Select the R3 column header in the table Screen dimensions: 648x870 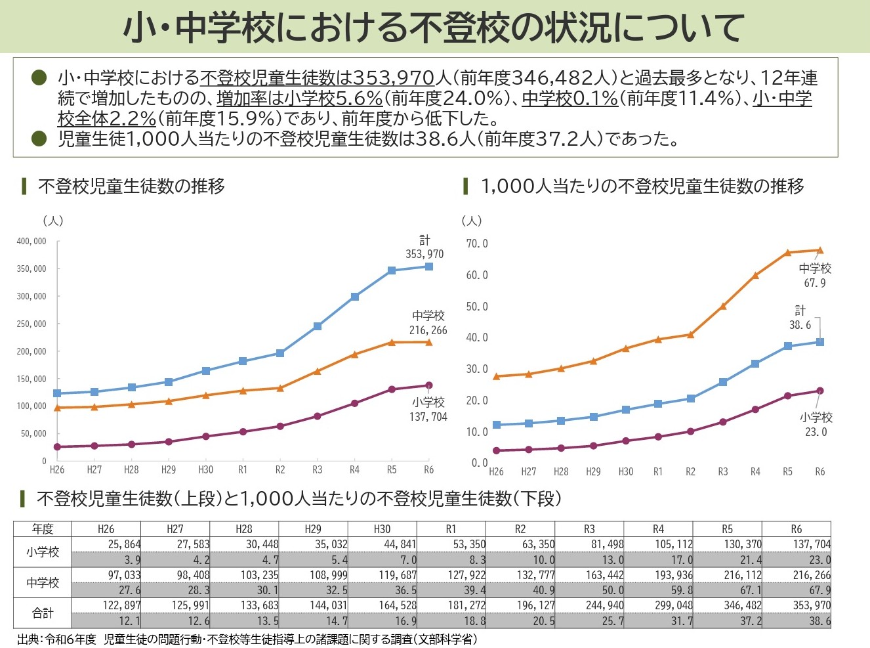point(589,529)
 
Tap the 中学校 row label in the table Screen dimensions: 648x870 point(43,582)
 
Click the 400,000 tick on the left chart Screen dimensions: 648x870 point(31,242)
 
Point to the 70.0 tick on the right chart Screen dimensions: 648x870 point(477,244)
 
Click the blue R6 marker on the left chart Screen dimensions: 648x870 point(429,267)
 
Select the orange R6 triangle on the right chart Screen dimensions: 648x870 point(820,250)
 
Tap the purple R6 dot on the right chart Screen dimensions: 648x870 point(820,391)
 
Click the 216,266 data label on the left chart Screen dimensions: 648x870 point(428,330)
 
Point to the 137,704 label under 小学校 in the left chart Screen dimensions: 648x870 point(428,416)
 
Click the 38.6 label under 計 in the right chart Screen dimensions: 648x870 point(800,325)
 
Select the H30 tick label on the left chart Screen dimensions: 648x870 point(206,470)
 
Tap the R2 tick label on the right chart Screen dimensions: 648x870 point(690,472)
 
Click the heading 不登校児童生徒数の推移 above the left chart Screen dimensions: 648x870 point(132,186)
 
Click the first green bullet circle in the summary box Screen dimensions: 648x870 point(39,77)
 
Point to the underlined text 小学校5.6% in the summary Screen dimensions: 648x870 point(333,98)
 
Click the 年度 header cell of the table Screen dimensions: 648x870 point(43,529)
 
